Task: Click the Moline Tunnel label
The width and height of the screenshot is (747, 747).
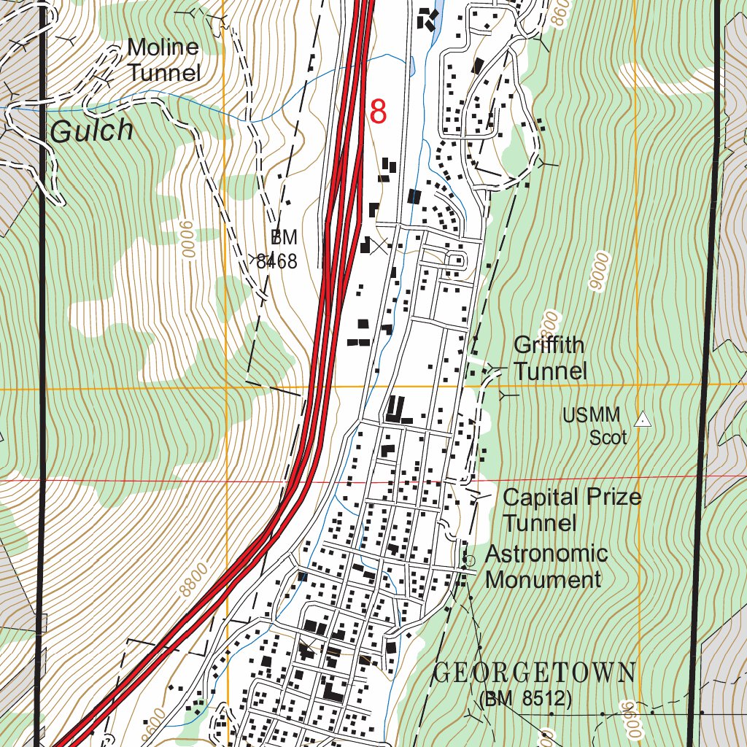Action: point(163,60)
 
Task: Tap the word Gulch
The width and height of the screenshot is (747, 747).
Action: point(93,131)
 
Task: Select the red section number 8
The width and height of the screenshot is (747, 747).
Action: point(378,112)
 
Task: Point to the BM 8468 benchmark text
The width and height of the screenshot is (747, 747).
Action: point(279,249)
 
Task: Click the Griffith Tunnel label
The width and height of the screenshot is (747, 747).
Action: point(549,357)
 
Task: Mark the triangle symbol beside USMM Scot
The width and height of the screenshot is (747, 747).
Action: point(643,419)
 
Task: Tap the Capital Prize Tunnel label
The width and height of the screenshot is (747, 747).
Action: point(571,510)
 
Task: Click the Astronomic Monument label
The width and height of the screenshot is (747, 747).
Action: point(546,567)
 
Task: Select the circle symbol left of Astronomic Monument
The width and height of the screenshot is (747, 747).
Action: point(469,560)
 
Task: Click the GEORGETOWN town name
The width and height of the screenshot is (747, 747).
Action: point(535,672)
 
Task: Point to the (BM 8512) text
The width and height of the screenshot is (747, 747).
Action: point(525,700)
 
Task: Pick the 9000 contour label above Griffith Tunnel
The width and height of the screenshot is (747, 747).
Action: point(600,273)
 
